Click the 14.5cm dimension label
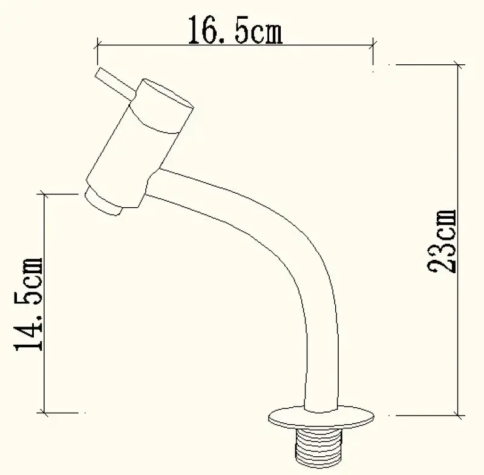(28, 304)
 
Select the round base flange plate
(320, 417)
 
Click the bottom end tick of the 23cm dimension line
(457, 416)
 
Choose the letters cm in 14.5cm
(28, 270)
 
